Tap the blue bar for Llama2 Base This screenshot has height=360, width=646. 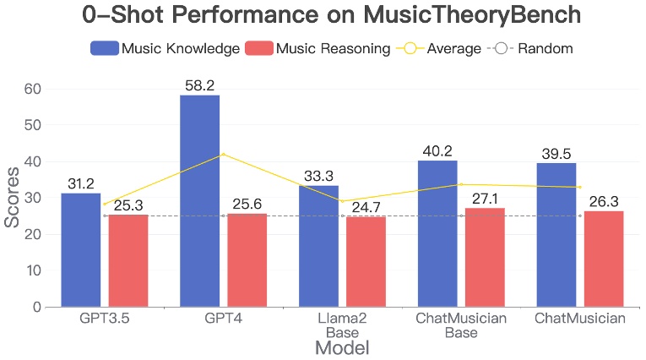(x=318, y=246)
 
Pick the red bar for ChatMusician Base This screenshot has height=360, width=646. (x=485, y=257)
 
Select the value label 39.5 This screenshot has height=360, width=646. (x=556, y=153)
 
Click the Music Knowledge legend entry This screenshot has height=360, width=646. (x=166, y=48)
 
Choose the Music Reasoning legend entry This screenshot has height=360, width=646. (x=318, y=48)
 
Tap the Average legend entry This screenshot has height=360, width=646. (x=438, y=48)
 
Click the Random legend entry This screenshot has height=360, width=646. (x=532, y=48)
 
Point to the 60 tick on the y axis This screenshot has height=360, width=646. (x=30, y=89)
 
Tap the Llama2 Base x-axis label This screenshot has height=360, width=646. (x=342, y=325)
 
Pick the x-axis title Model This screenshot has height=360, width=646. (x=341, y=347)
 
